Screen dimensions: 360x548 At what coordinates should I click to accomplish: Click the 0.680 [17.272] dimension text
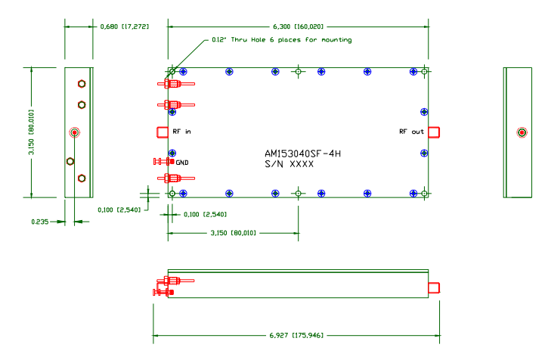(125, 26)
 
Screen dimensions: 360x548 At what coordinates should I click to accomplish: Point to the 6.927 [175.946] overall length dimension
(297, 334)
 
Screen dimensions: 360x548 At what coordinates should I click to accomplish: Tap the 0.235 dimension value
(40, 222)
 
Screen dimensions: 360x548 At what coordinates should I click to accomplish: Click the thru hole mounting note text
(281, 39)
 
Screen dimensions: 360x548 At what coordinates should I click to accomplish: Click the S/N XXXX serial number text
(289, 163)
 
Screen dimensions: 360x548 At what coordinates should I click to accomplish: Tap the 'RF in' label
(181, 132)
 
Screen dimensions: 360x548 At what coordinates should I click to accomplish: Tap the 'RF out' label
(412, 132)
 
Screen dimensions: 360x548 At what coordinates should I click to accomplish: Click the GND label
(182, 162)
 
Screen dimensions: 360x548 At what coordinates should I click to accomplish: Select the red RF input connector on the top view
(162, 132)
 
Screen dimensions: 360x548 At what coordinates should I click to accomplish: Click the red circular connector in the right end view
(522, 133)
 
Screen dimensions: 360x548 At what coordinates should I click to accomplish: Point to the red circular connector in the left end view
(74, 133)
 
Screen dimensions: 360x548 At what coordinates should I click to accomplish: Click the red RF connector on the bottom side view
(434, 287)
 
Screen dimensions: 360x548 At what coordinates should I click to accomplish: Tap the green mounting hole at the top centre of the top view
(299, 72)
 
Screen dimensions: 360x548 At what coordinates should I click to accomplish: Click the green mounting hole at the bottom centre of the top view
(299, 194)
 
